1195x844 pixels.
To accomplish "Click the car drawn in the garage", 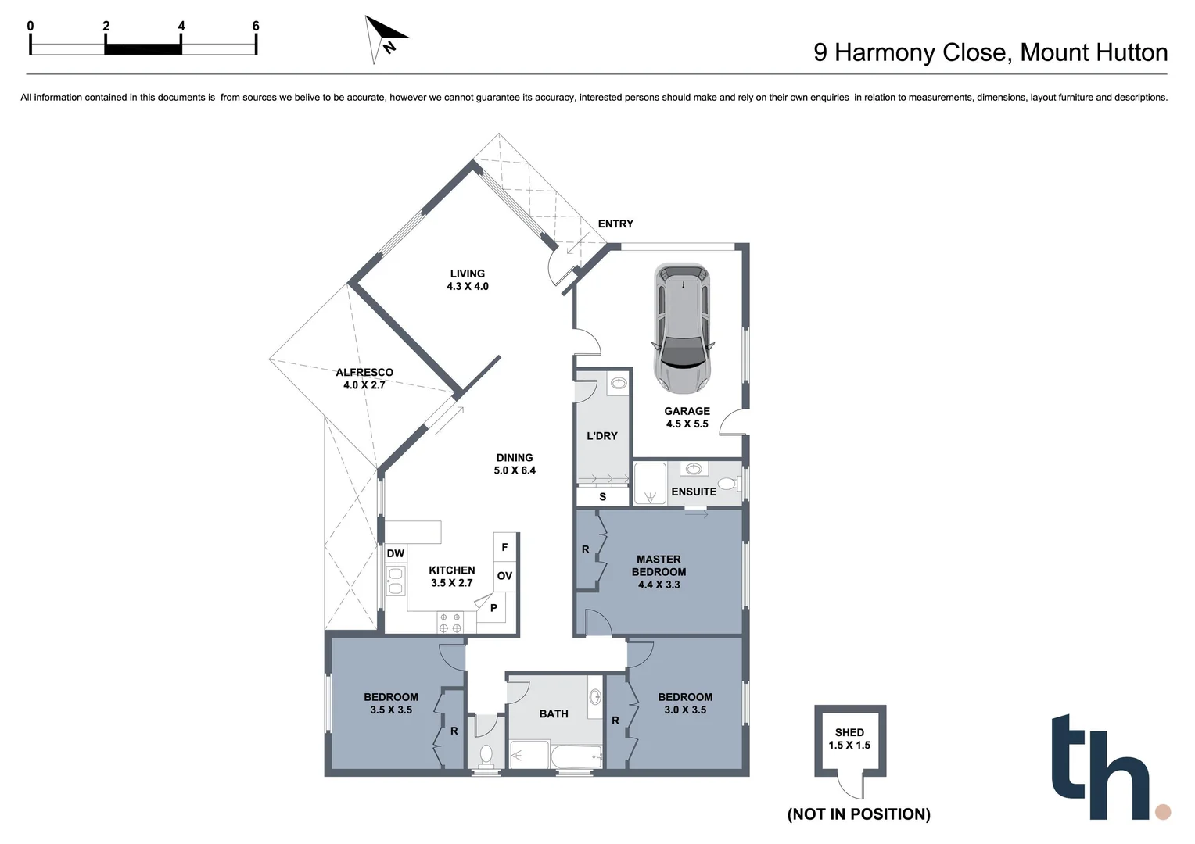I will (684, 327).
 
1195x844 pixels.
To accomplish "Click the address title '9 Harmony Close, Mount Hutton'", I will (990, 52).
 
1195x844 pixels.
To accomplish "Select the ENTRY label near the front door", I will (615, 224).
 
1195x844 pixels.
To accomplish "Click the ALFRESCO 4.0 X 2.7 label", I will (364, 378).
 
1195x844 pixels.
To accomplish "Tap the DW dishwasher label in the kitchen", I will (396, 553).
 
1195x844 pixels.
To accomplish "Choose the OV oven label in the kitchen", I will (504, 576).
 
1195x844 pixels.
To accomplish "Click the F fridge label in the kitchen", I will (504, 547).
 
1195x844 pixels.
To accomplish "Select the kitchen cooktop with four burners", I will (450, 623).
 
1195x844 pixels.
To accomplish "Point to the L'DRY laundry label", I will (602, 435).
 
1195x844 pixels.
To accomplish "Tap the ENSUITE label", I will (694, 492).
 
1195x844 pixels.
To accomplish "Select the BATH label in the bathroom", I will (554, 713).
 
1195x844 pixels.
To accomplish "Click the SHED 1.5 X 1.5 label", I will (849, 738).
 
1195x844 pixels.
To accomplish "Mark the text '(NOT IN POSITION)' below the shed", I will (859, 814).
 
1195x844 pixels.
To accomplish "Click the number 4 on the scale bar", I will (181, 26).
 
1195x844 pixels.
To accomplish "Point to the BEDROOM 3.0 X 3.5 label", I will (685, 703).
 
